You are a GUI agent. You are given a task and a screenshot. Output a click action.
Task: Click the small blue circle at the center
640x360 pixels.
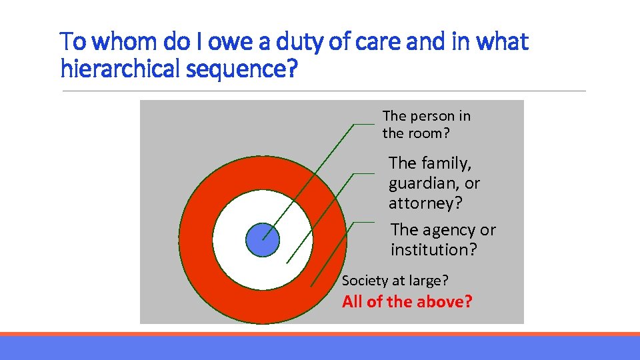(263, 239)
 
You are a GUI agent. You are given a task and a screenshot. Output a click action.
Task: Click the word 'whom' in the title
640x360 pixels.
(121, 43)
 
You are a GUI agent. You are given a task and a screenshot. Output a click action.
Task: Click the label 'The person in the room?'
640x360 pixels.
(426, 125)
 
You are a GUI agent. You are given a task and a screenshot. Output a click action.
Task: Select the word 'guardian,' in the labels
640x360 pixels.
(425, 183)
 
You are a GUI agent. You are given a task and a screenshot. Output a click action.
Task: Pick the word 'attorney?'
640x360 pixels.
(425, 203)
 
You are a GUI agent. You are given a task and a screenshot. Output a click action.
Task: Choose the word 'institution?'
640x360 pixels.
(434, 250)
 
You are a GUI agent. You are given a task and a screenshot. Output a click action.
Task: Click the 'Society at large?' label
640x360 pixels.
(395, 281)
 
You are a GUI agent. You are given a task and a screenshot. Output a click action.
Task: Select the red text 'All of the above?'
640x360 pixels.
(407, 302)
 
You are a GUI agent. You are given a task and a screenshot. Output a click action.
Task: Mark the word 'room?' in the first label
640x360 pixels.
(429, 133)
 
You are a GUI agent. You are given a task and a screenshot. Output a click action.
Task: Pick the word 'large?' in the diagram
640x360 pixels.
(429, 281)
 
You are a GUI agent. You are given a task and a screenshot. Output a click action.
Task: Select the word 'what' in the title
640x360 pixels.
(503, 43)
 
